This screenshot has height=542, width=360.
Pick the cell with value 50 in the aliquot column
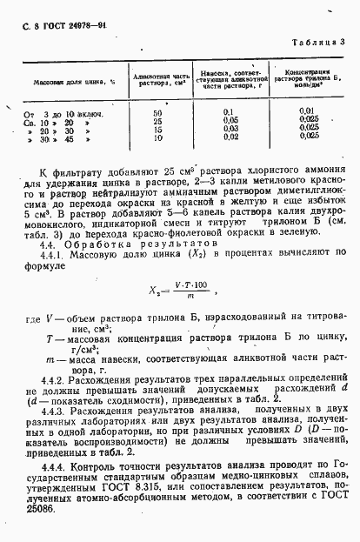[157, 113]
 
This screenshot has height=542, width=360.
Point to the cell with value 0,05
[230, 121]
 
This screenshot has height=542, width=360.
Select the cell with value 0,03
[230, 129]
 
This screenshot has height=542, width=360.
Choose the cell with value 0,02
[230, 137]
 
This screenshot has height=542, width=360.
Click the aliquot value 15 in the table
[157, 129]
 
